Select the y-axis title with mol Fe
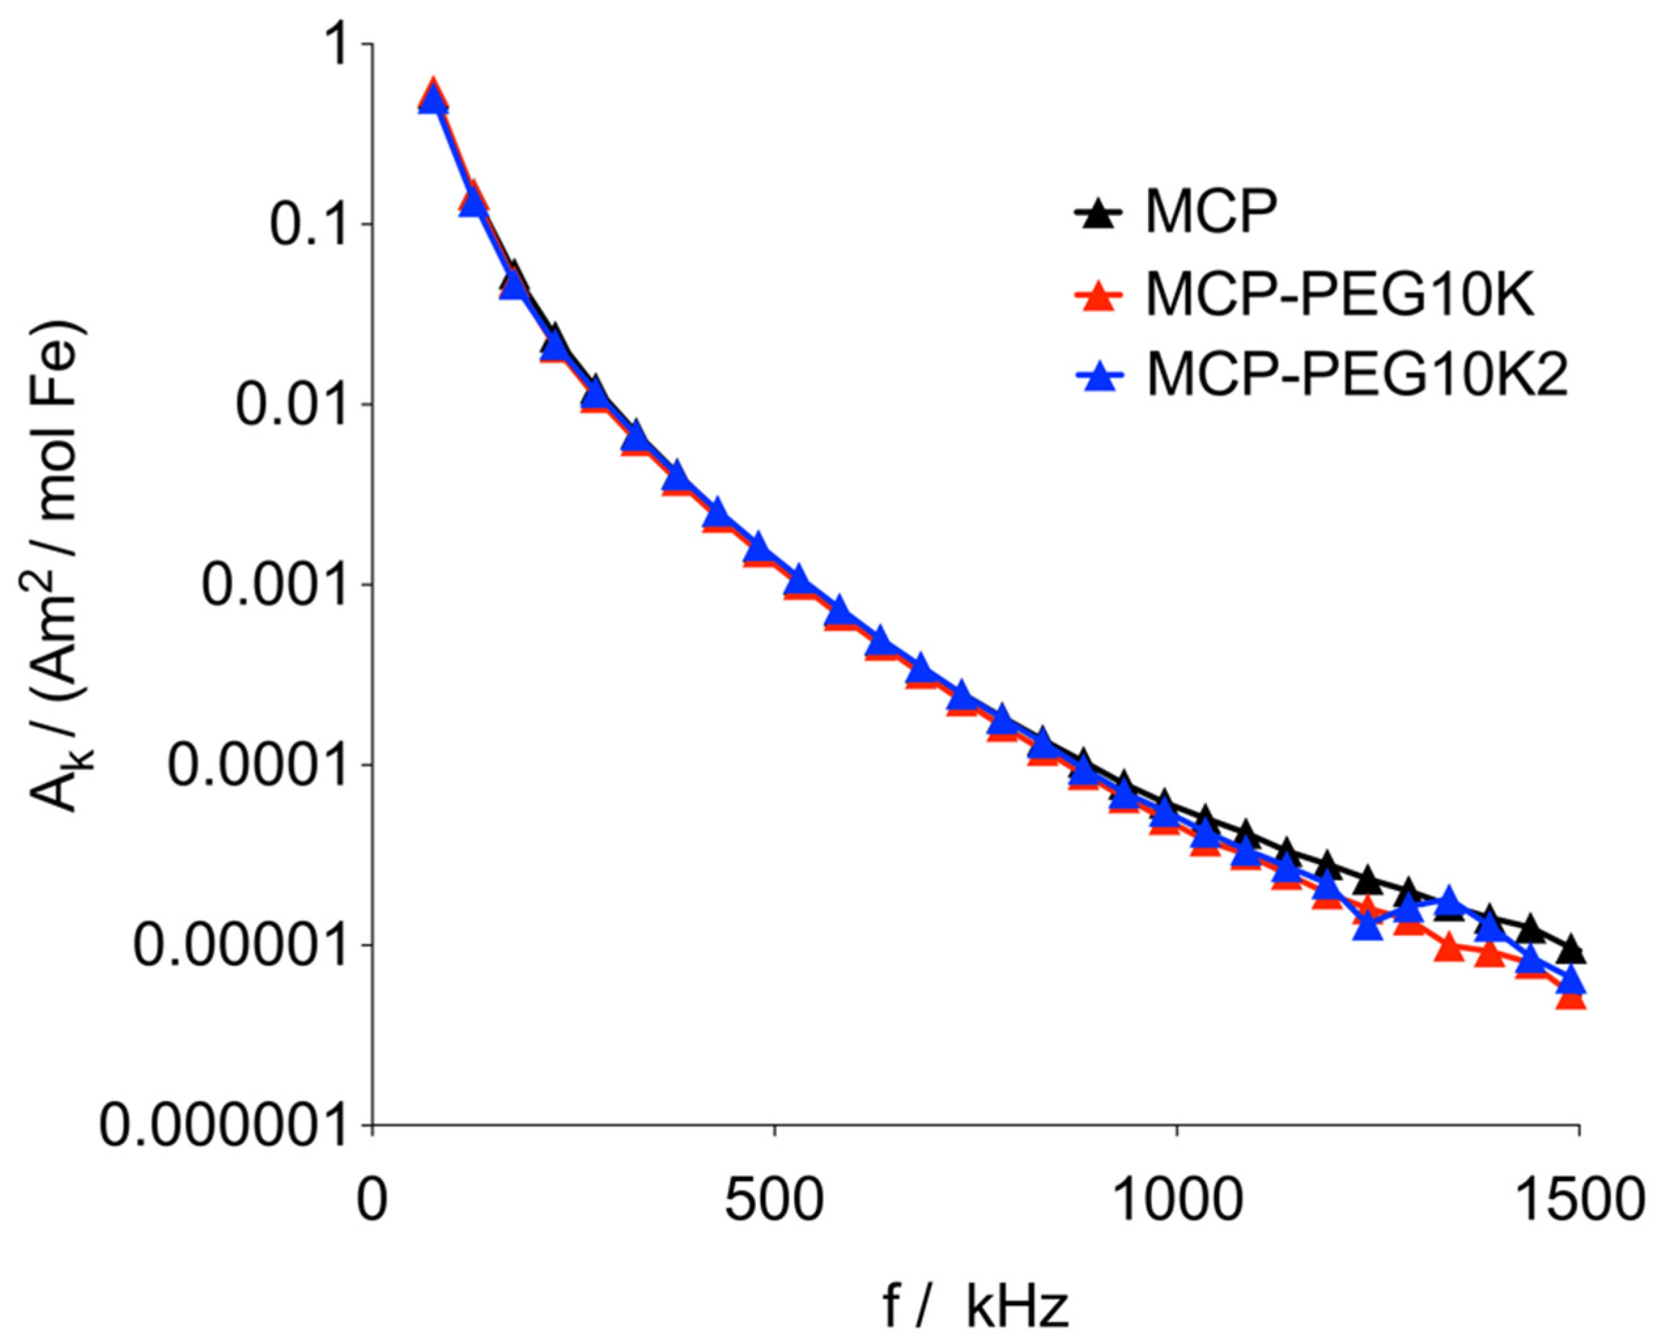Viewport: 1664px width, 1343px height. tap(62, 565)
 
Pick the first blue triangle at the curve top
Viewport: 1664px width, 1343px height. tap(432, 101)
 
